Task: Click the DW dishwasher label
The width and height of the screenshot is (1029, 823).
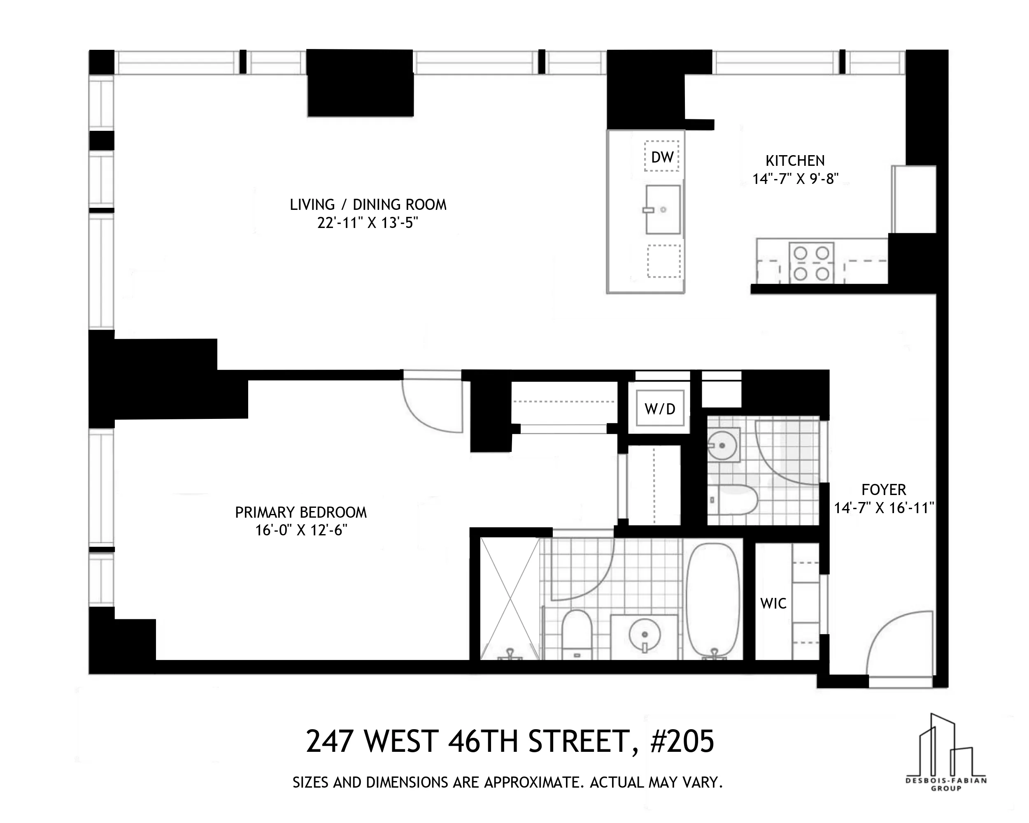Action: click(662, 157)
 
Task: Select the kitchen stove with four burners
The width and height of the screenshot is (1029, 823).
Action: click(811, 263)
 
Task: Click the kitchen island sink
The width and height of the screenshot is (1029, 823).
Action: click(662, 209)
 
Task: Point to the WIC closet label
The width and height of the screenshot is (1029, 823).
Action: click(773, 604)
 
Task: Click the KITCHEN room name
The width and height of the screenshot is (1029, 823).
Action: click(795, 161)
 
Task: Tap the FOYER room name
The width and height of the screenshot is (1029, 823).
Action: click(883, 490)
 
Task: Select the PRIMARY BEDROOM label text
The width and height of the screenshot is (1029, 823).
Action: click(301, 512)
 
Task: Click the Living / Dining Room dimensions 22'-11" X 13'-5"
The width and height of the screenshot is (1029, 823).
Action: click(368, 223)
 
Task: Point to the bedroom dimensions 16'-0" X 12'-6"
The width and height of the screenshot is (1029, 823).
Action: click(301, 530)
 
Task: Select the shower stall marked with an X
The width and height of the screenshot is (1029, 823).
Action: click(510, 599)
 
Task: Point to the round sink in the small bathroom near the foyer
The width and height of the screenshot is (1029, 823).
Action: click(722, 445)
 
